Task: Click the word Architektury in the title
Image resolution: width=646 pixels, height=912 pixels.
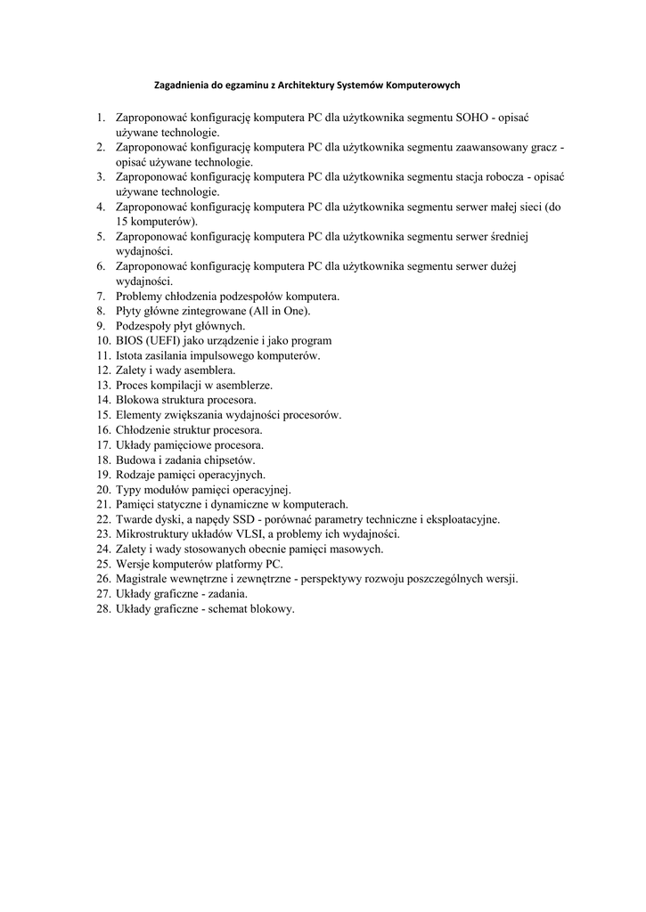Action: pyautogui.click(x=304, y=85)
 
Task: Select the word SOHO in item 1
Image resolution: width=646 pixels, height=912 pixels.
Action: pyautogui.click(x=473, y=118)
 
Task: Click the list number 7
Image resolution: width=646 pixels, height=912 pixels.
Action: pyautogui.click(x=102, y=296)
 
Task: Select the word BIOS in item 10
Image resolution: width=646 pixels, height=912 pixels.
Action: pyautogui.click(x=129, y=340)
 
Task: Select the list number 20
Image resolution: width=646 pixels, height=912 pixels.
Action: pyautogui.click(x=102, y=490)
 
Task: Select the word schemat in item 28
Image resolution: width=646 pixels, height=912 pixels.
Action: pyautogui.click(x=227, y=608)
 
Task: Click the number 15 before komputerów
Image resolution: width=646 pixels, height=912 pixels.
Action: pyautogui.click(x=122, y=221)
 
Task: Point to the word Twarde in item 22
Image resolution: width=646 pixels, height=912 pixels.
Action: pyautogui.click(x=135, y=519)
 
